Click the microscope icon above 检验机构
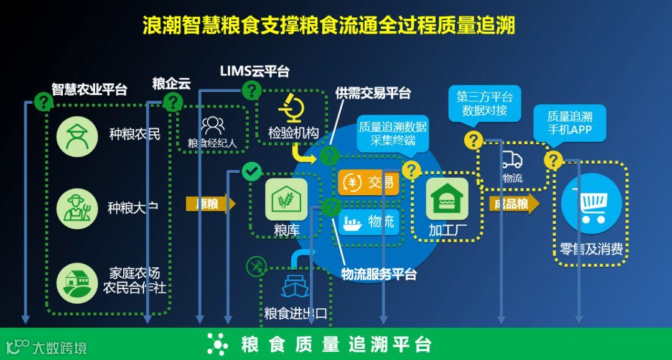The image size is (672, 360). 291,108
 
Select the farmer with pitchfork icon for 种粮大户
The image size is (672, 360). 77,207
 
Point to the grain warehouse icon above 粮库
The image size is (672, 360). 286,199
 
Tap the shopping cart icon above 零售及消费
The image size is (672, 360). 592,204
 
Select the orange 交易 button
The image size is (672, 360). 370,183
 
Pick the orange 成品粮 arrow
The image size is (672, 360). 514,204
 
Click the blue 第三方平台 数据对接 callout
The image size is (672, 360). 484,104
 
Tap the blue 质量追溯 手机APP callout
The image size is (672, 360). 569,122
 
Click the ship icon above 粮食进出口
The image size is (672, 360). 295,286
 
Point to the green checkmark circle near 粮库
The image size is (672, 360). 251,171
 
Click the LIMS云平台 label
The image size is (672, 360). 254,72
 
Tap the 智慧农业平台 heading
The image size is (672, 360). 89,89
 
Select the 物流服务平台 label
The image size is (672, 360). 379,274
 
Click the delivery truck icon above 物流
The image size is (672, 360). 512,160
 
